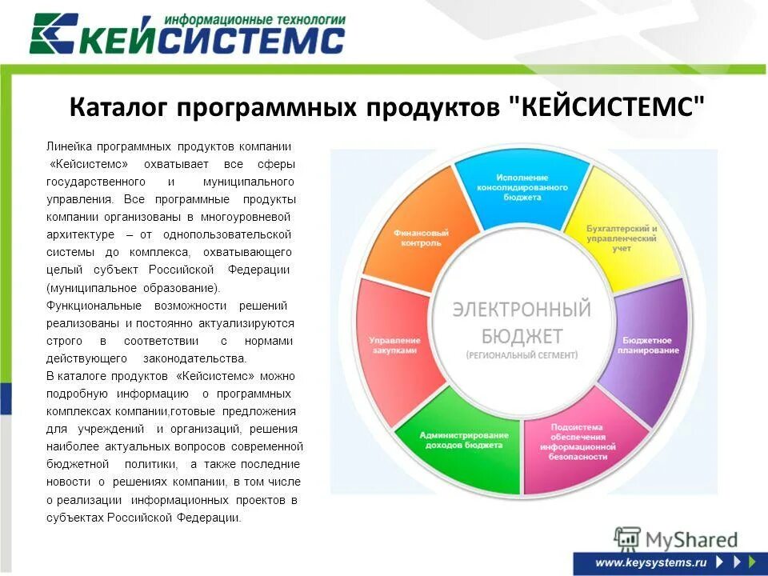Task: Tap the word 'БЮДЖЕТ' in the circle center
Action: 522,335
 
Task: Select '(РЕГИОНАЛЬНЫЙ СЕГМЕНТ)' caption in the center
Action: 522,354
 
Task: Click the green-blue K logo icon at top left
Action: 54,34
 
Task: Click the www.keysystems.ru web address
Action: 651,562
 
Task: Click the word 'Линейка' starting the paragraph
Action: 69,146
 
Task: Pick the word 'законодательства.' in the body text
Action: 195,358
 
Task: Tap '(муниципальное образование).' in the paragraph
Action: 133,287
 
